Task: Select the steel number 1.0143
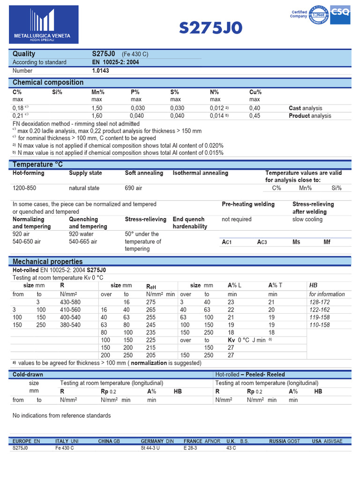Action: [102, 71]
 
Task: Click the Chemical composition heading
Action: [48, 82]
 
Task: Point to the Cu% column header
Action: [255, 92]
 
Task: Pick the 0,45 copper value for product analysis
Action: [255, 116]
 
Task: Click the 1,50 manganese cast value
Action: [97, 108]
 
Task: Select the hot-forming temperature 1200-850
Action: [24, 188]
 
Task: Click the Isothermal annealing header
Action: [200, 173]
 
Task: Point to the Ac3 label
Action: [262, 242]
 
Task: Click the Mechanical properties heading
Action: [47, 262]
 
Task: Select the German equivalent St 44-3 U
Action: [154, 448]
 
